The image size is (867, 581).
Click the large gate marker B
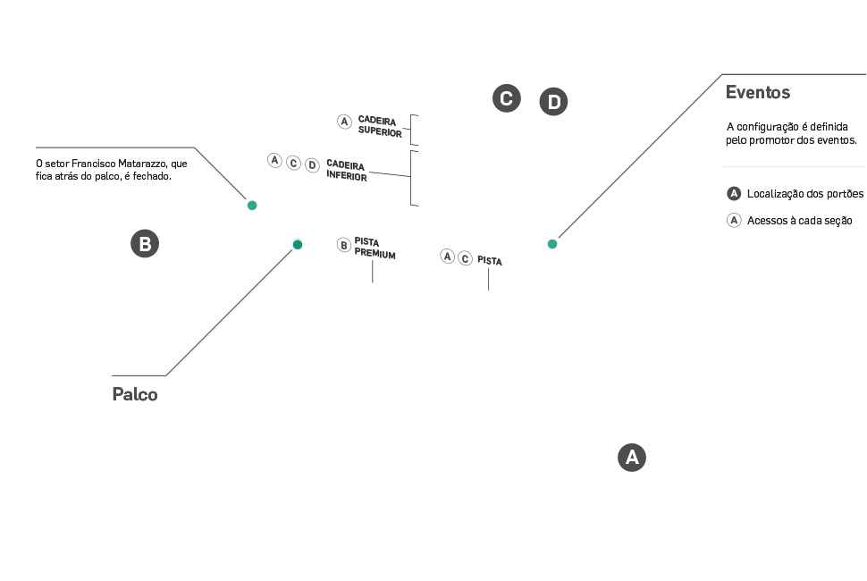point(145,244)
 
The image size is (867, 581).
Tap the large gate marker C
point(506,98)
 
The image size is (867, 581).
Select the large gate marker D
point(554,103)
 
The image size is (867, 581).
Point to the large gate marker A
point(632,458)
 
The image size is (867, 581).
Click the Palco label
point(135,394)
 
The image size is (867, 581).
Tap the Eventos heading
point(758,92)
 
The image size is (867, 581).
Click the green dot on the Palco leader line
point(298,244)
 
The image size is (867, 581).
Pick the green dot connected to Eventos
point(552,244)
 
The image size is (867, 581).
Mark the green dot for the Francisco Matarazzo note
point(252,206)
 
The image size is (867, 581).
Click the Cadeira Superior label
point(379,126)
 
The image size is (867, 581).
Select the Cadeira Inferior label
point(347,171)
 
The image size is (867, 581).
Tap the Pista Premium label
point(375,248)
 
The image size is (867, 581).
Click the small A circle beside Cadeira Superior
point(344,122)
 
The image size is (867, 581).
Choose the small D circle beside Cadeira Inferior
point(312,164)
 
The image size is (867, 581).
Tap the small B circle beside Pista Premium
point(343,244)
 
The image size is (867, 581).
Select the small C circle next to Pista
point(465,258)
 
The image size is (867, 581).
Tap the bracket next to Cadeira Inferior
point(413,178)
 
